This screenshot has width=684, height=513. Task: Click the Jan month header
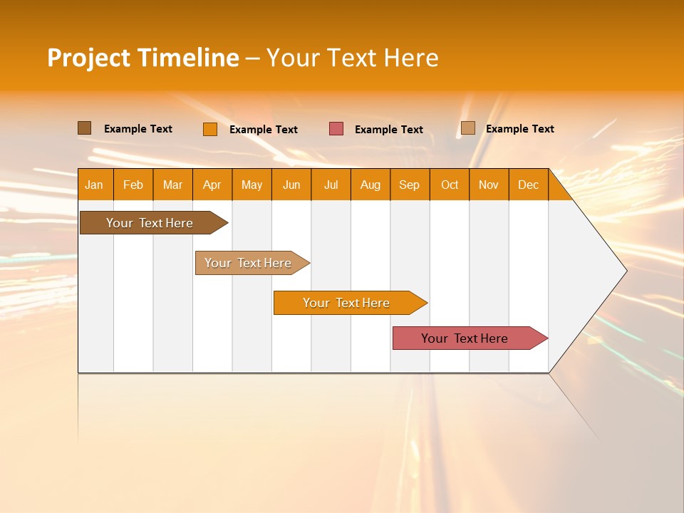tap(94, 185)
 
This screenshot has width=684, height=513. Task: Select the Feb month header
tap(133, 185)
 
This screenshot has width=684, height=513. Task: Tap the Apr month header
tap(212, 185)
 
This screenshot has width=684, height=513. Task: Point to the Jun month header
tap(291, 185)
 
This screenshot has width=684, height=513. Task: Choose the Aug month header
tap(370, 185)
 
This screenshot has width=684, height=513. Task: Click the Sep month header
tap(410, 185)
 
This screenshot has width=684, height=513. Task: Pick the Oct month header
tap(450, 185)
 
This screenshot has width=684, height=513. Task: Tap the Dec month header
tap(529, 185)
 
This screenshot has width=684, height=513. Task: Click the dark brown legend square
tap(85, 128)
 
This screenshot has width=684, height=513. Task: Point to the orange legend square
tap(210, 129)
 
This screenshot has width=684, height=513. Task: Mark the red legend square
tap(336, 129)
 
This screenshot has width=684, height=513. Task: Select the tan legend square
tap(468, 128)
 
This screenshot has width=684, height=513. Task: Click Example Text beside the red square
tap(389, 130)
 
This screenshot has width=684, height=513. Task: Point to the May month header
tap(252, 185)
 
